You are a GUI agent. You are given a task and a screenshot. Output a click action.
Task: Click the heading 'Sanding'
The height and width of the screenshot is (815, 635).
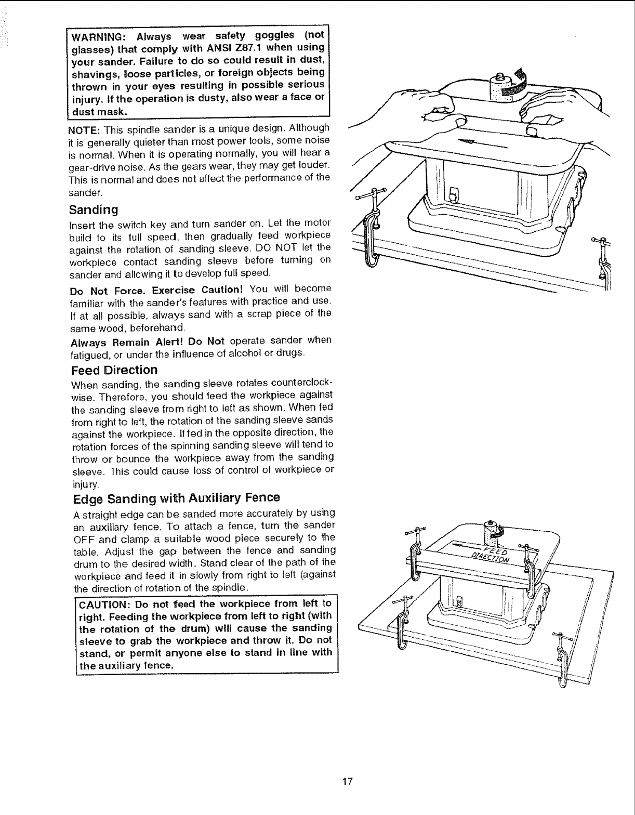94,209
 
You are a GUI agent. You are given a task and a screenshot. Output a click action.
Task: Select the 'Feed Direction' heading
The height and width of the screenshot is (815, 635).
114,370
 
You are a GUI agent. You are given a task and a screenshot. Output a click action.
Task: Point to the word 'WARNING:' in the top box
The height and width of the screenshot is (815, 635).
97,36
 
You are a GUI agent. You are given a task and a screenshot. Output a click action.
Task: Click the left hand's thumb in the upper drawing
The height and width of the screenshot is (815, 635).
458,122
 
